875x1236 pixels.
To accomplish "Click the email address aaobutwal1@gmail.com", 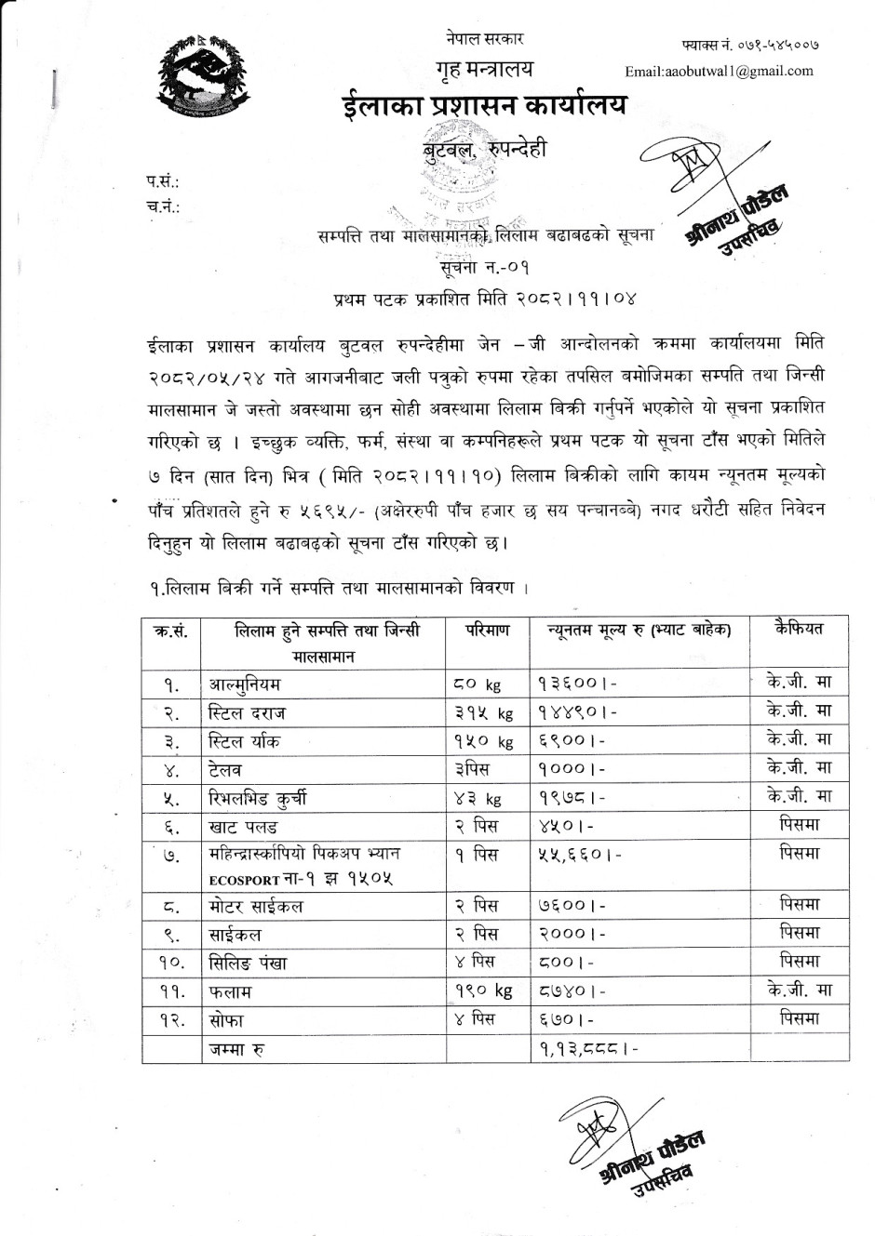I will (x=719, y=71).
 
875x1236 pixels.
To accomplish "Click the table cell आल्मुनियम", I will (x=245, y=684).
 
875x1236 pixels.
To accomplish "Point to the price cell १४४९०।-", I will (x=577, y=713).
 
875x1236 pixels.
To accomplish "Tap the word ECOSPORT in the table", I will (x=245, y=880).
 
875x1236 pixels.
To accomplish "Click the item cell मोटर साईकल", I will (x=256, y=906).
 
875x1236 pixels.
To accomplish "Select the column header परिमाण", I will (x=487, y=630).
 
